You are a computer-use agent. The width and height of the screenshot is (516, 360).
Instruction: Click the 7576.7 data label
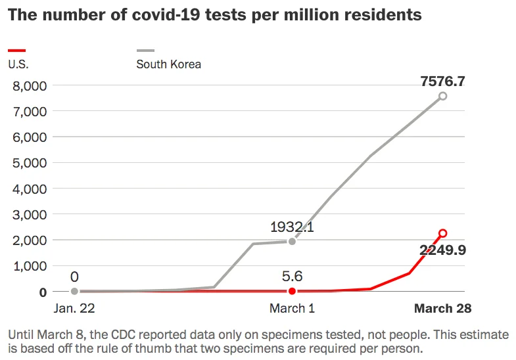point(442,81)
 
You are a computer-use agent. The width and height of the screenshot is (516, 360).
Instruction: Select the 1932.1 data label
point(292,227)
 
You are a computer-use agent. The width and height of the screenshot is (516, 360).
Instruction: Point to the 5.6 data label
point(292,277)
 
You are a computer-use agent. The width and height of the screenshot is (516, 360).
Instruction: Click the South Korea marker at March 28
point(442,96)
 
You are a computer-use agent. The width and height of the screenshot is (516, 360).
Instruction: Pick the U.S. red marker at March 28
point(442,233)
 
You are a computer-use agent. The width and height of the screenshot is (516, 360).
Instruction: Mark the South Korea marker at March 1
point(292,241)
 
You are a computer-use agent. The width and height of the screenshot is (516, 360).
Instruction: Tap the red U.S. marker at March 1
point(292,290)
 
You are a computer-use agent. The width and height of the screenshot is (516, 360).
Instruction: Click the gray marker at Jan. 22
point(74,290)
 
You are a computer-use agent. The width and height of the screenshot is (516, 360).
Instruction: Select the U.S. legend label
point(18,64)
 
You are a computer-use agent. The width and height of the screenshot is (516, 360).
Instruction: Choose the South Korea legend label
point(168,64)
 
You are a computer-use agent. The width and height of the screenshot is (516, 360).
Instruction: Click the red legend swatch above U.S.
point(16,51)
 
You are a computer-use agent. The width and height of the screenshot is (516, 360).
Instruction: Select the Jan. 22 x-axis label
point(74,308)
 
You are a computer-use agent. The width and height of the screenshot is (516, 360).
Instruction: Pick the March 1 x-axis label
point(292,308)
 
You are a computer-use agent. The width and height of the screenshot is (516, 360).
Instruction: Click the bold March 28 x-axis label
point(442,308)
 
